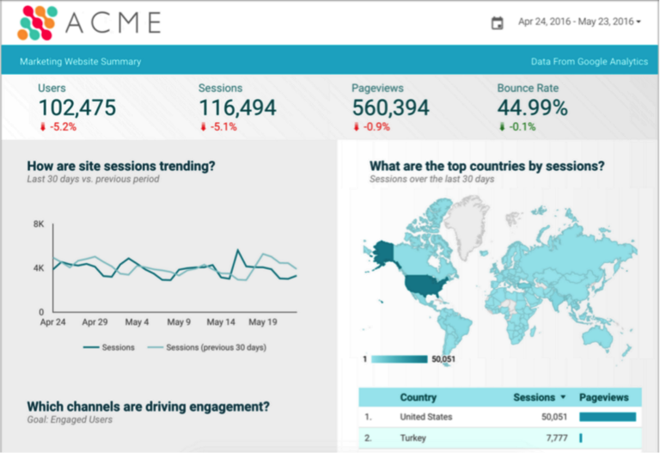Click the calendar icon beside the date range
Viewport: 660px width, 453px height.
(497, 22)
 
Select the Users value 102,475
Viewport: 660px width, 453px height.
(76, 108)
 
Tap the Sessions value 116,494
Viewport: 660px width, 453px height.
(237, 108)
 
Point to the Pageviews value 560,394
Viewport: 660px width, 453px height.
(390, 108)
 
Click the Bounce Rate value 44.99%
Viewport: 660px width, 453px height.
(532, 108)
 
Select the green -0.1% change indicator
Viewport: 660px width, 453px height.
(520, 127)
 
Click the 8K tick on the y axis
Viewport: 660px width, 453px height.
(39, 224)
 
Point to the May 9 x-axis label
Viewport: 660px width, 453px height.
(179, 322)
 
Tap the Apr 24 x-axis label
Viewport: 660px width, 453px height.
(53, 322)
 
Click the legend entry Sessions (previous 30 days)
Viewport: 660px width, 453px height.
(215, 347)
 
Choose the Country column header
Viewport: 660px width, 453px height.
(418, 398)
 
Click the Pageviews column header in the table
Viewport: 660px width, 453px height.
(604, 398)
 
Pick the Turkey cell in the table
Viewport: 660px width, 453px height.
(413, 438)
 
